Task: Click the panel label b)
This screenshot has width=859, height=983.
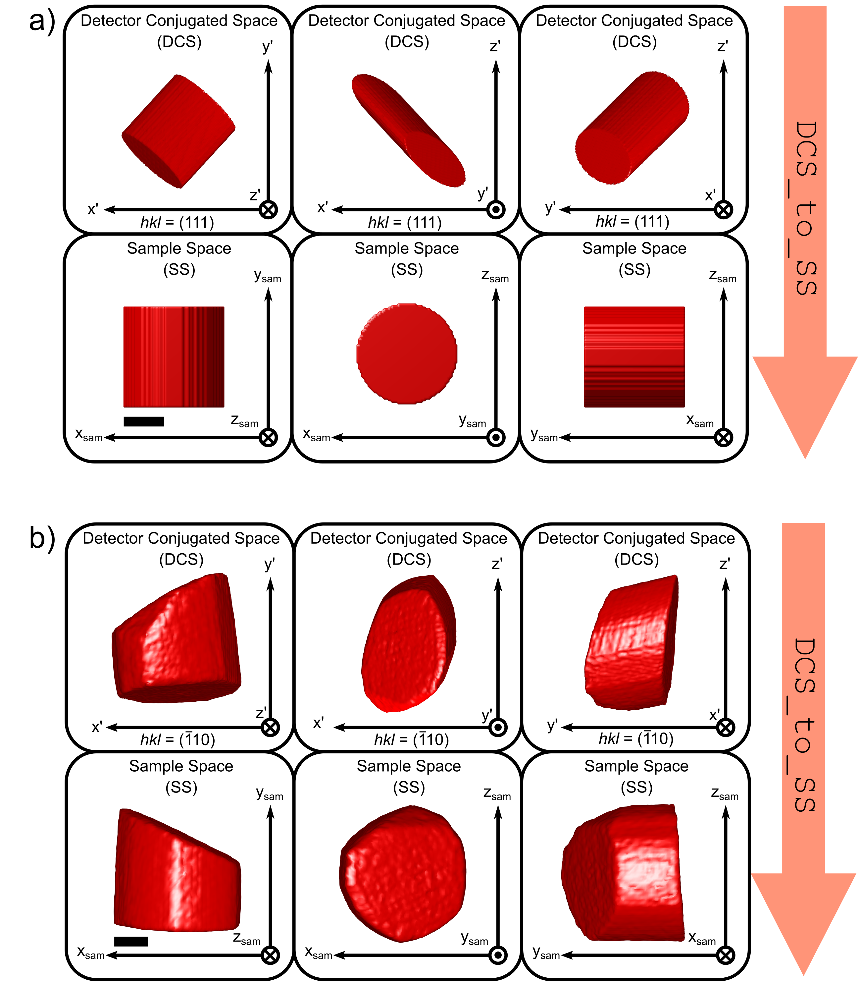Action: (42, 538)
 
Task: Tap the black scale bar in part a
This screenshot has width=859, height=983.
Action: (144, 421)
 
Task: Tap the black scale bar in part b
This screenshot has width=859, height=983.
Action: (131, 941)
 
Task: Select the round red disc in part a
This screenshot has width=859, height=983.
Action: (407, 354)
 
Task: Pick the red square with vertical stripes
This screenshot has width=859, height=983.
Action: (174, 357)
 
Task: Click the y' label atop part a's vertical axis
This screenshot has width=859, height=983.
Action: (268, 47)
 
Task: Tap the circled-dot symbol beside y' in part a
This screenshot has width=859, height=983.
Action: (496, 209)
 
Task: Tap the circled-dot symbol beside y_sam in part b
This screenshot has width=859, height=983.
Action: (498, 955)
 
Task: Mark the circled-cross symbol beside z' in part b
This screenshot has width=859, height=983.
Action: (270, 728)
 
